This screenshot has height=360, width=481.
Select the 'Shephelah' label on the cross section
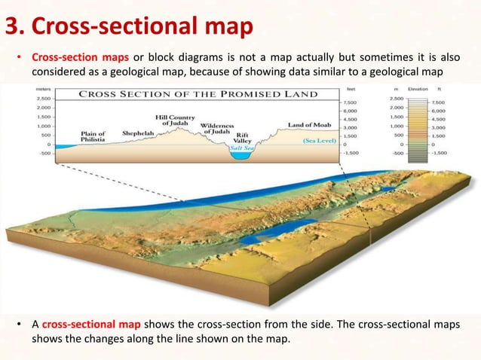137,130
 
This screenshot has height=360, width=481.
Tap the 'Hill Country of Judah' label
175,121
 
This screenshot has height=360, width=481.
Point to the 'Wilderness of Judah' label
219,127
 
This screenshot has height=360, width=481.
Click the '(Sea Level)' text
319,140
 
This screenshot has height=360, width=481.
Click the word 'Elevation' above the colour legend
418,89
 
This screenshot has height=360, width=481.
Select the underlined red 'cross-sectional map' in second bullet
90,325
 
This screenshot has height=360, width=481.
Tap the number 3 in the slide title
13,28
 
